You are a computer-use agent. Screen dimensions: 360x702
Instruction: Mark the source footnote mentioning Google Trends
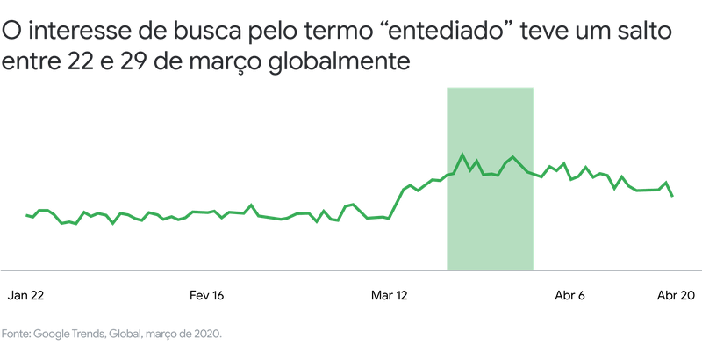[111, 334]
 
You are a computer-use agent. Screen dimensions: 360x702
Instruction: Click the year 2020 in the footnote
[208, 334]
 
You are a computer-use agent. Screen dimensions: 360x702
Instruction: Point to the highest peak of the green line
[463, 155]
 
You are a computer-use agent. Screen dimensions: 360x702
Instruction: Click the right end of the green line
[674, 196]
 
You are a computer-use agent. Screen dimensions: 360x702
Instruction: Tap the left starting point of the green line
[26, 214]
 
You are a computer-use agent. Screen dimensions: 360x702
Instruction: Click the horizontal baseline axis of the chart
[263, 270]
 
